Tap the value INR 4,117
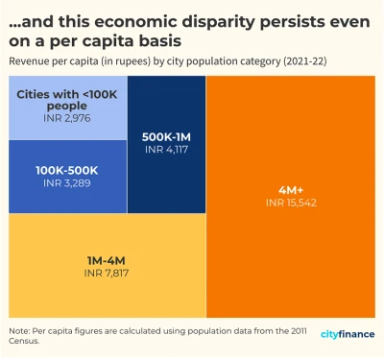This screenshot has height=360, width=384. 166,151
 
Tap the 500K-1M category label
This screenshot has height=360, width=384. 166,137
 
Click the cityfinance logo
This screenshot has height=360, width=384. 348,335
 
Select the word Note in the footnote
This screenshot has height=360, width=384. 18,330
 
